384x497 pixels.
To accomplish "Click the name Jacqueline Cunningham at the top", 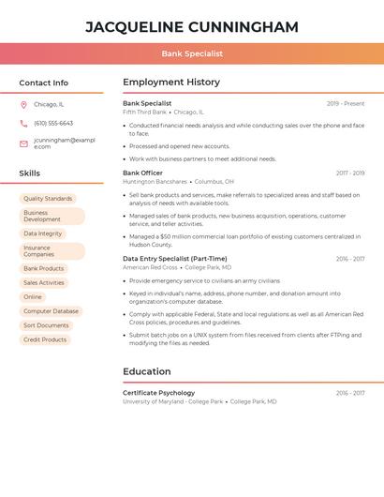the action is coord(192,26).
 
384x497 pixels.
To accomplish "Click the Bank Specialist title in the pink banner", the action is coord(192,54).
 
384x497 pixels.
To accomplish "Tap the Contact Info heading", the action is coord(44,83).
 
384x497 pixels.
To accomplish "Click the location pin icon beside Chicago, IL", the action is coord(23,105).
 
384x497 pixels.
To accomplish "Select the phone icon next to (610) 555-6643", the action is coord(23,123).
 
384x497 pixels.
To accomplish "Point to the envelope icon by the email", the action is coord(23,143).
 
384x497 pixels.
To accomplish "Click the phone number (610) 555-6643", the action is coord(53,123).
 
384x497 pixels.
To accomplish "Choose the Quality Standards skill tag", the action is coord(48,199).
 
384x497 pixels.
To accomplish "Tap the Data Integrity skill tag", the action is coord(43,233).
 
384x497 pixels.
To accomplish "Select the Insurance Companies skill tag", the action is coord(51,251).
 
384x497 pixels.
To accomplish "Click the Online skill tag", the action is coord(33,297).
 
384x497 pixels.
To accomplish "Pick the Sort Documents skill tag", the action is coord(46,325).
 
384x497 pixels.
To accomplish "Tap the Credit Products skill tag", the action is coord(45,339).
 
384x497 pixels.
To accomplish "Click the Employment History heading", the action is coord(171,83).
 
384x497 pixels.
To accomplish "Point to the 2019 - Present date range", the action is coord(346,103).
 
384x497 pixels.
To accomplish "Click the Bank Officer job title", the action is coord(142,173).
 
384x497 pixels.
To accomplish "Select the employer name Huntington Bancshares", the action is coord(155,181).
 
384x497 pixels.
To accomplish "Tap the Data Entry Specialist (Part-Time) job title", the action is coord(174,259).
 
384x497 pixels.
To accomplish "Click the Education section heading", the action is coord(147,371).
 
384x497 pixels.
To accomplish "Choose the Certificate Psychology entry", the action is coord(159,393).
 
